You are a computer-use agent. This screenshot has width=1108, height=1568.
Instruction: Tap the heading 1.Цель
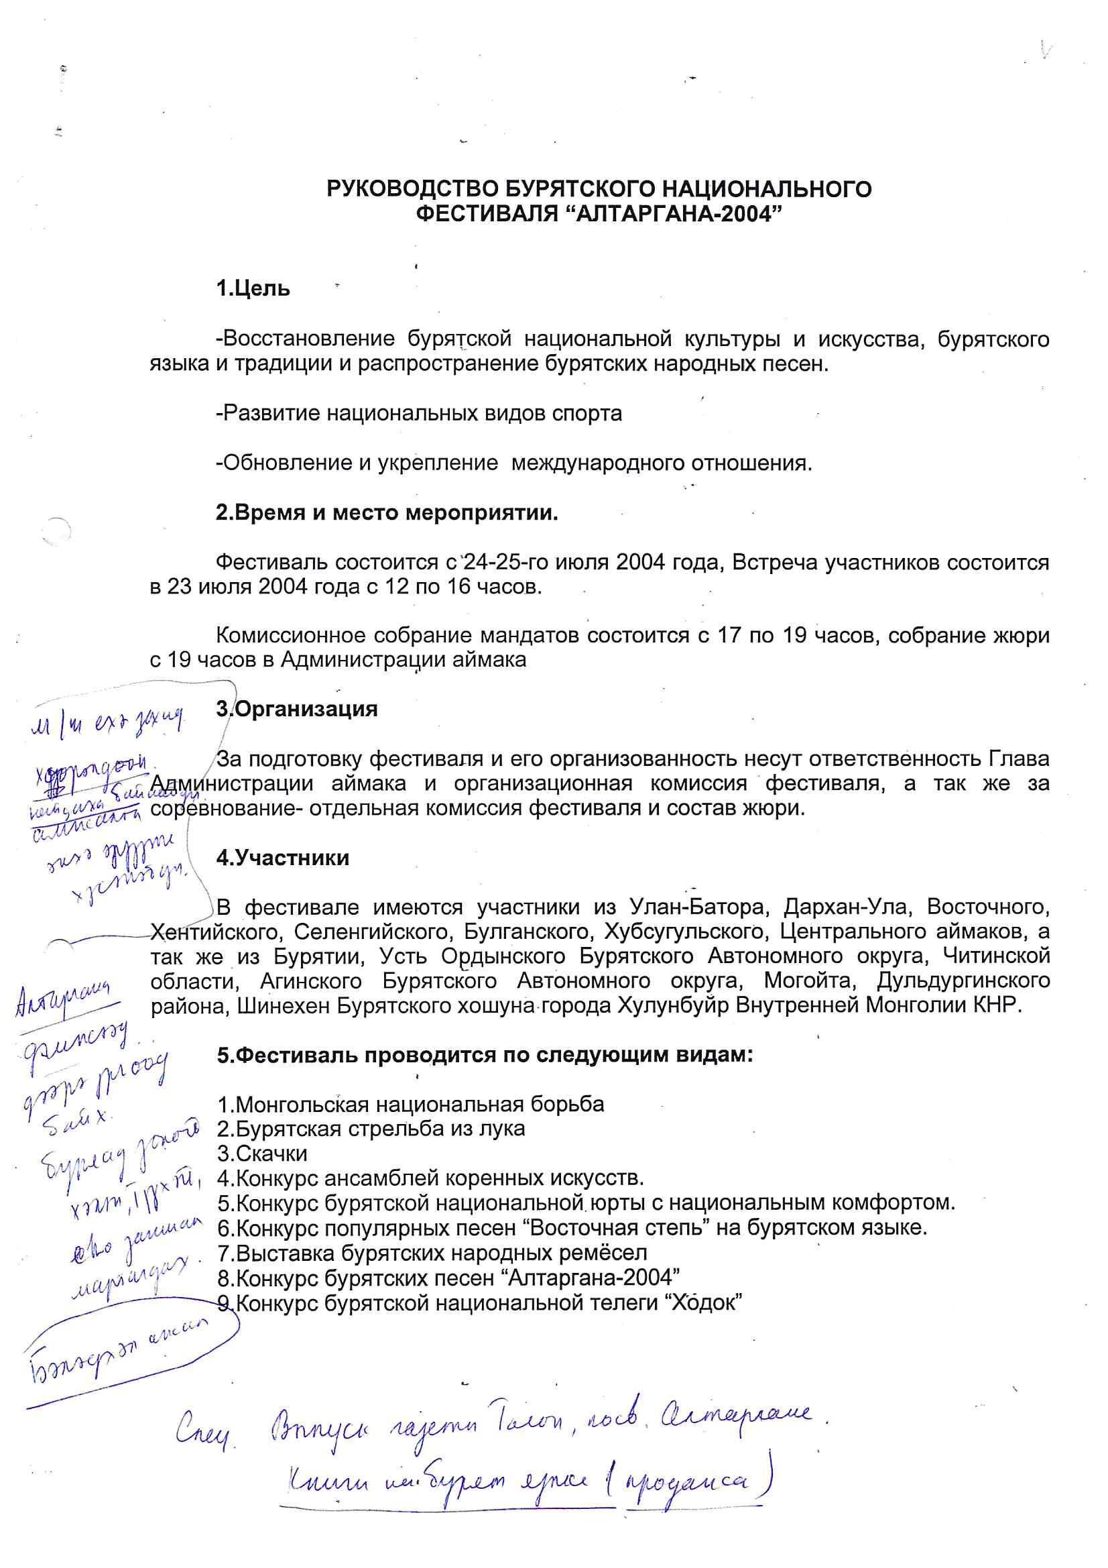pos(253,289)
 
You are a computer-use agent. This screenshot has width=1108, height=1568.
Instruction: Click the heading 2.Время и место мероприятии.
pos(386,512)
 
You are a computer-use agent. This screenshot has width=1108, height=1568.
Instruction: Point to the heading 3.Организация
pos(296,709)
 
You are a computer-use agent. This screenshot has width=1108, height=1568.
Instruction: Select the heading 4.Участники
pos(282,858)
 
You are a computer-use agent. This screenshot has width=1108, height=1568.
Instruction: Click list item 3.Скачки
pos(262,1154)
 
